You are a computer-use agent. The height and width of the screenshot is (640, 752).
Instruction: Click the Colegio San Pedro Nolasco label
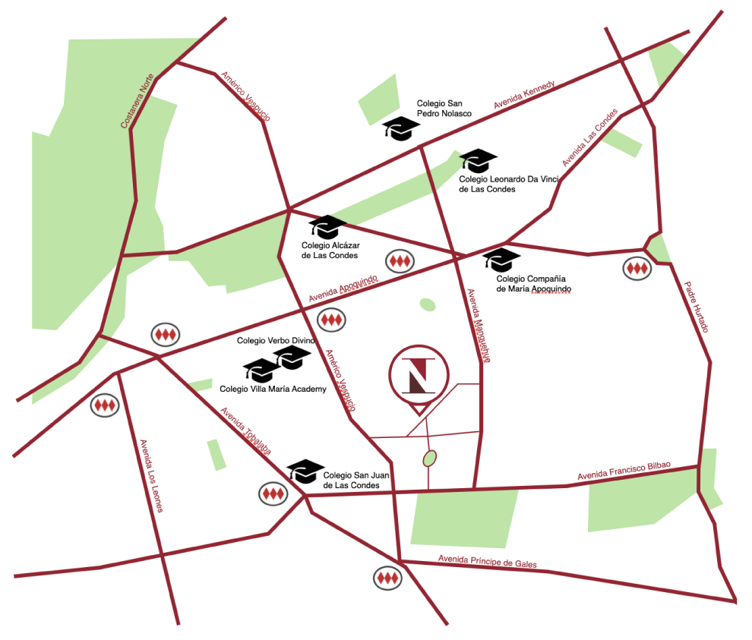pos(444,108)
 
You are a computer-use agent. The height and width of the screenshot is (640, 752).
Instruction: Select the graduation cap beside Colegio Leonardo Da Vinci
pos(479,159)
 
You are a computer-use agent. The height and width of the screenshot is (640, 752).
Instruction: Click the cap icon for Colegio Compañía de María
pos(501,259)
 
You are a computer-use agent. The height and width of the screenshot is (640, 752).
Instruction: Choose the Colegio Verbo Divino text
pos(276,341)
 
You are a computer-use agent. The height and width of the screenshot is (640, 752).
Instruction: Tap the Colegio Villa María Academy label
pos(273,389)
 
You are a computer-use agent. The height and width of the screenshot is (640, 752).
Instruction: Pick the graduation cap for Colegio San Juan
pos(305,471)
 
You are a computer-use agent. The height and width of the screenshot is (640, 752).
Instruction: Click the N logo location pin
pos(419,376)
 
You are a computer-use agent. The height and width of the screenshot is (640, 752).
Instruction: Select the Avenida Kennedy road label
pos(525,94)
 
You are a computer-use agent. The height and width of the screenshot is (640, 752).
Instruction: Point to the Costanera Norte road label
pos(137,100)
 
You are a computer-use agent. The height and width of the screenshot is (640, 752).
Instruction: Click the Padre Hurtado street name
pos(696,307)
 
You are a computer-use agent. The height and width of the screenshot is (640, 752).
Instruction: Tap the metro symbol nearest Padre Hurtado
pos(637,268)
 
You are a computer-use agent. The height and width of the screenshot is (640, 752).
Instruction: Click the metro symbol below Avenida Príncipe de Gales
pos(388,579)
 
